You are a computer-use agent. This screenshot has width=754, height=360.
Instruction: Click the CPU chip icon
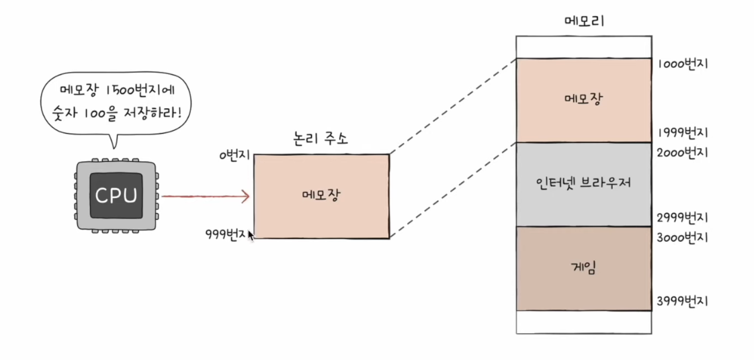(x=116, y=195)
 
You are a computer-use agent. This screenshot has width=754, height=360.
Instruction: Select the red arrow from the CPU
(x=206, y=196)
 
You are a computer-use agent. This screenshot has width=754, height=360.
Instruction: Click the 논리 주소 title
(x=321, y=140)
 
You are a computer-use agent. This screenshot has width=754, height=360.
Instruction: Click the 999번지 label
(x=225, y=234)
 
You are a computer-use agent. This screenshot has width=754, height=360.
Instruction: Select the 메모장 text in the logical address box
(x=321, y=195)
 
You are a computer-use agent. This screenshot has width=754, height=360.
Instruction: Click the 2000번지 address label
(x=682, y=153)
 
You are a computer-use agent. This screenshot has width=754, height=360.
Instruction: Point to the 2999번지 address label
(x=682, y=217)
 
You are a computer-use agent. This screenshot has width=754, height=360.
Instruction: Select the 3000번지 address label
(x=682, y=238)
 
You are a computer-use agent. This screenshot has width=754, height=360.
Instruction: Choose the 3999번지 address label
(x=682, y=302)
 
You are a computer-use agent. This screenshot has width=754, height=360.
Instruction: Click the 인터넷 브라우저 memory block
(x=584, y=184)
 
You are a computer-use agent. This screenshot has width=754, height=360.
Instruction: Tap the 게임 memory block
(x=584, y=269)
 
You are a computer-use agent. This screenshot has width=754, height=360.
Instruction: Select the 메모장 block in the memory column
(x=584, y=100)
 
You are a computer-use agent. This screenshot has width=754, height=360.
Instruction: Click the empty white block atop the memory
(x=584, y=46)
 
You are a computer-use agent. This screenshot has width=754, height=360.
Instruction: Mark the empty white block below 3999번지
(x=584, y=322)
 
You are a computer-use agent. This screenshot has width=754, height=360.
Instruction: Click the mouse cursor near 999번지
(x=251, y=235)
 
